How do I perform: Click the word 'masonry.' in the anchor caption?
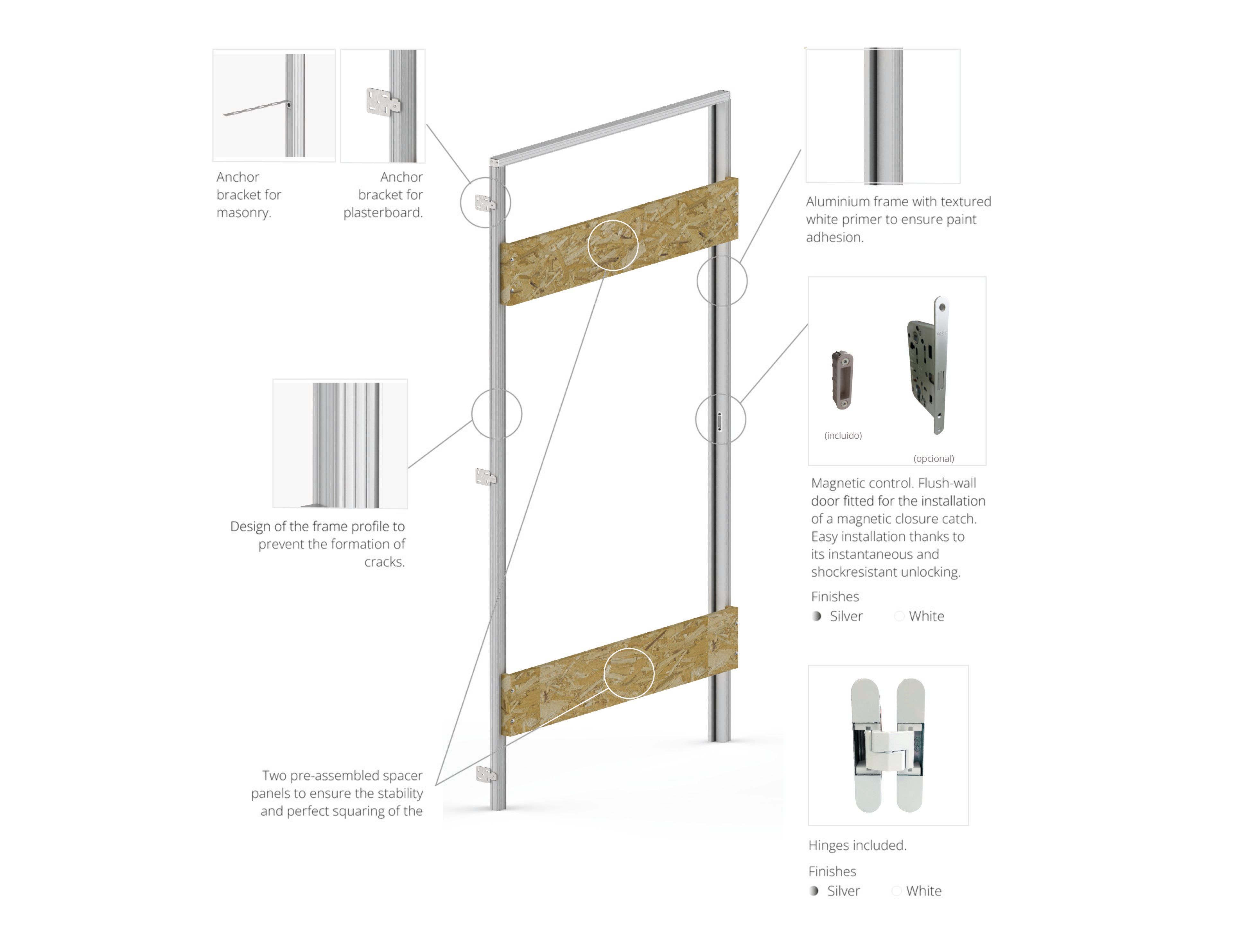[x=244, y=212]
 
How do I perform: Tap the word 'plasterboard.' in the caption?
[x=383, y=212]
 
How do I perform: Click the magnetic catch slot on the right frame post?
[x=720, y=421]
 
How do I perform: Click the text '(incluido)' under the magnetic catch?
[x=843, y=436]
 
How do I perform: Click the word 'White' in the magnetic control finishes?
[x=926, y=616]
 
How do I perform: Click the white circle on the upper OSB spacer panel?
[x=613, y=245]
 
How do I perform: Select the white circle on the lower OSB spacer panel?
[x=629, y=673]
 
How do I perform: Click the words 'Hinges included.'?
[x=857, y=845]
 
